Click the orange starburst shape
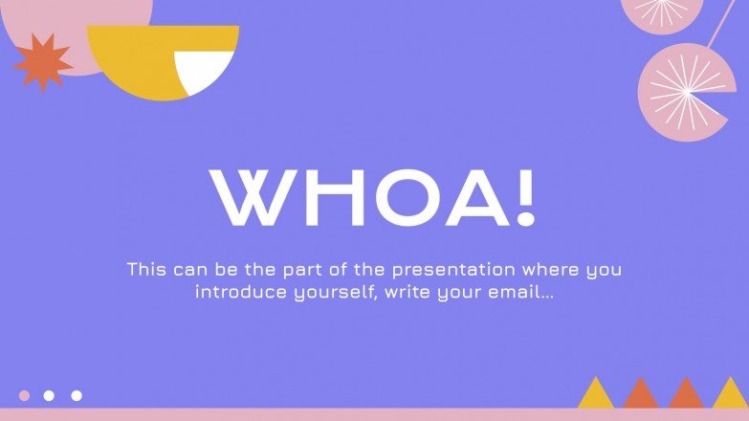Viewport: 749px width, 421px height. pyautogui.click(x=43, y=62)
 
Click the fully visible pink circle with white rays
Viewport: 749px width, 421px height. pyautogui.click(x=686, y=93)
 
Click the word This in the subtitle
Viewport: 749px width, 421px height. pyautogui.click(x=147, y=270)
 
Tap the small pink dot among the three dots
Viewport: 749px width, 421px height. pyautogui.click(x=25, y=395)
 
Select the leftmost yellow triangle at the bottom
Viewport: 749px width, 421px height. pyautogui.click(x=595, y=393)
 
